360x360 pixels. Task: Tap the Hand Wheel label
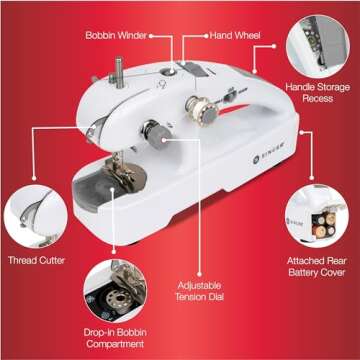(234, 35)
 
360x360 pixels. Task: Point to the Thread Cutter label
(36, 261)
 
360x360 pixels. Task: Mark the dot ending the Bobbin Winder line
(153, 36)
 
